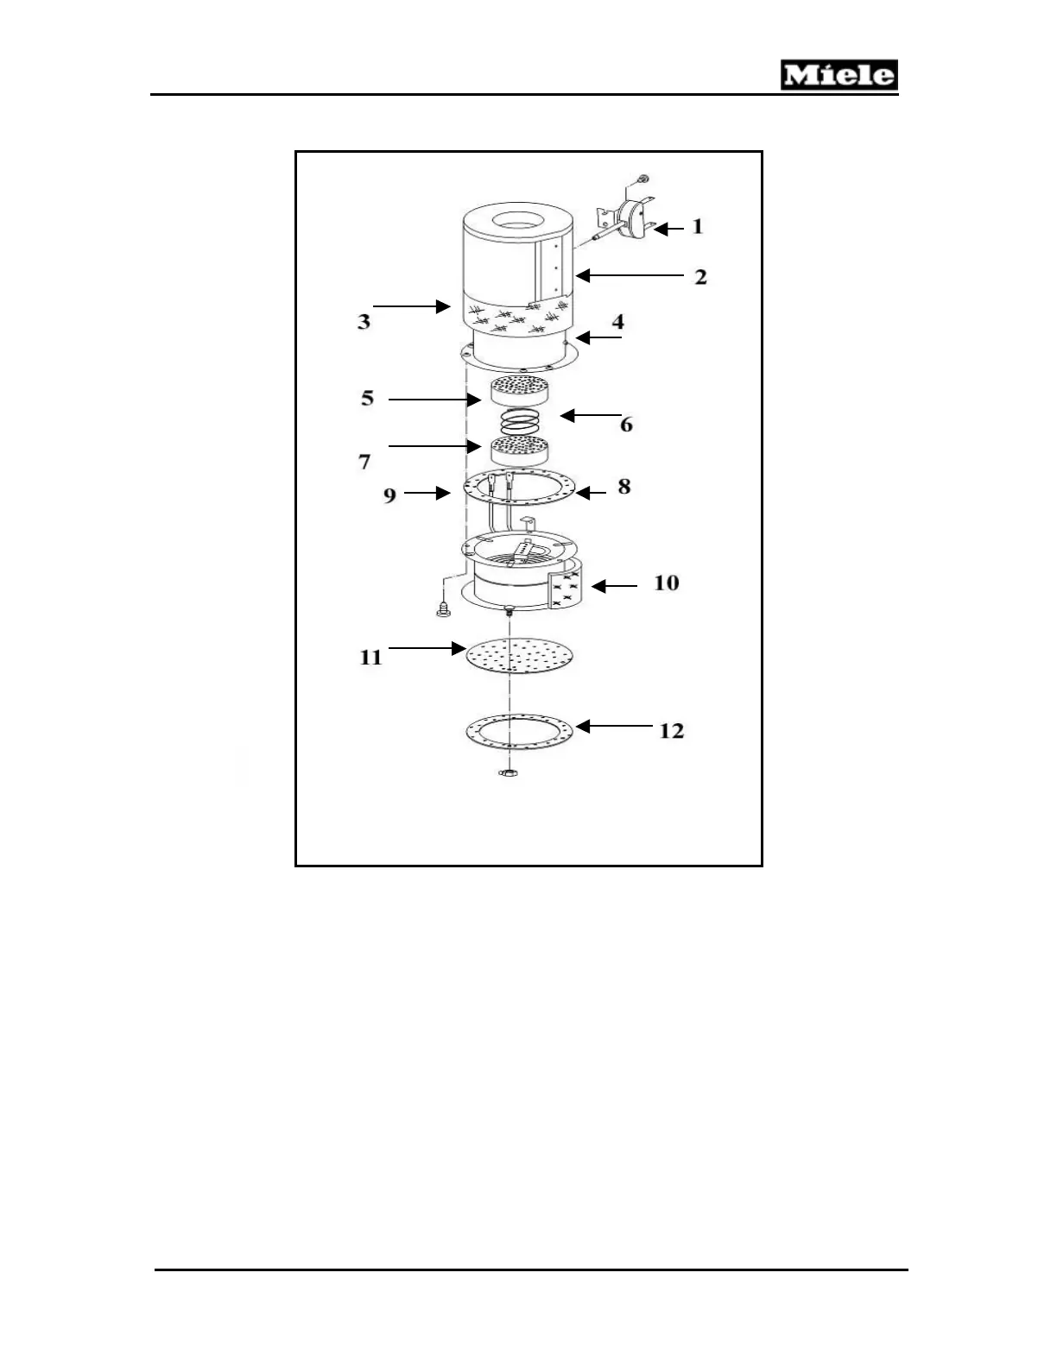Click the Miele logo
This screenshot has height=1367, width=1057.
[x=839, y=76]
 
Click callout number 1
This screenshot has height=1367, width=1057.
[x=698, y=227]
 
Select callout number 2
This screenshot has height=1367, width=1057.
[x=700, y=277]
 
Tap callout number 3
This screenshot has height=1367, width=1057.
[x=364, y=322]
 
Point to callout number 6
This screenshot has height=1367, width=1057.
[x=626, y=425]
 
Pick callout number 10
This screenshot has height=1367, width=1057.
[x=666, y=583]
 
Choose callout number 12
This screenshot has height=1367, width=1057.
[x=671, y=731]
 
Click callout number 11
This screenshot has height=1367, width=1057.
[x=370, y=658]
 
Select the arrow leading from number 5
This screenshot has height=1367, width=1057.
[x=434, y=400]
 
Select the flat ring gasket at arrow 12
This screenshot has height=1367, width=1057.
[x=519, y=732]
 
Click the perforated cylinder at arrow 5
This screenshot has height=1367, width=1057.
[x=519, y=393]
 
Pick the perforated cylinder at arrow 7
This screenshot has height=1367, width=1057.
[x=519, y=450]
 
